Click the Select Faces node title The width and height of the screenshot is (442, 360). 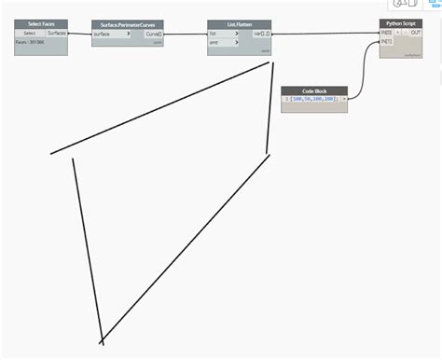(x=41, y=23)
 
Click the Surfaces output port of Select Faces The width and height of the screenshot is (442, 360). (x=57, y=33)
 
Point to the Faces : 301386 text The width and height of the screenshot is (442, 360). (x=30, y=42)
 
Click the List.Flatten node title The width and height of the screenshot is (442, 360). (x=239, y=24)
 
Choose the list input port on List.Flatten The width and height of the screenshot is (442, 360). (x=215, y=34)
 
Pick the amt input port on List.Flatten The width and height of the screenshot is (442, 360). (x=215, y=42)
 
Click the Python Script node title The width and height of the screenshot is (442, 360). (x=401, y=22)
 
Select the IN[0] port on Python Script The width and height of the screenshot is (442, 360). (x=386, y=33)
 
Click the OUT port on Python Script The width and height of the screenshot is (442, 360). (x=415, y=33)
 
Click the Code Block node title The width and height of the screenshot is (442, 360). (x=314, y=90)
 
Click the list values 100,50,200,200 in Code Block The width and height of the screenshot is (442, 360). (x=315, y=98)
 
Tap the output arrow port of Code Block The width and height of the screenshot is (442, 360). (x=344, y=98)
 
